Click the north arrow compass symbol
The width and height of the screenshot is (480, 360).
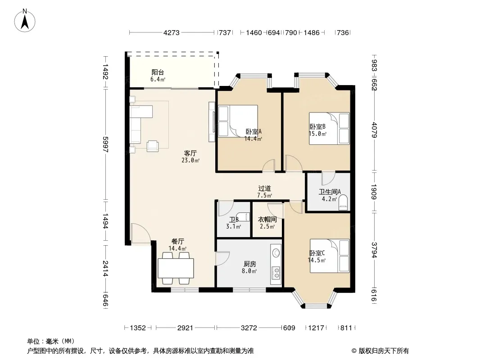[x=25, y=21]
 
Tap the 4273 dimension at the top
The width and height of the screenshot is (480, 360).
[x=172, y=32]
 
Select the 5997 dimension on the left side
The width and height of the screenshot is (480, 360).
[x=106, y=144]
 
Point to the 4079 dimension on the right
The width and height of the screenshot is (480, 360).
[x=374, y=130]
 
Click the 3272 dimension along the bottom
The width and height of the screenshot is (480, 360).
[x=249, y=328]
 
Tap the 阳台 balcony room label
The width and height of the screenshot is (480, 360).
[x=158, y=72]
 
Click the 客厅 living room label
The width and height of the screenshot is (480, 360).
[x=190, y=153]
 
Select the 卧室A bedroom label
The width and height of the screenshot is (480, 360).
[x=254, y=132]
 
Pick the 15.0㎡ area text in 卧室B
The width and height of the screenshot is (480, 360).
[x=317, y=134]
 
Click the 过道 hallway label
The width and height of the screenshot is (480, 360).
[x=264, y=189]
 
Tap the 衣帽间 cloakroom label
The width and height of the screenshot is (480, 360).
[x=267, y=219]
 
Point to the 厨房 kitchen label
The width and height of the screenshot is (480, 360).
[x=250, y=264]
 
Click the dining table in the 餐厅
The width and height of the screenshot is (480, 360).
[x=176, y=268]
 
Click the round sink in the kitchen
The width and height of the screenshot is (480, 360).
[x=276, y=252]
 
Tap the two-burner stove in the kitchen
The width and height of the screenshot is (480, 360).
[x=276, y=273]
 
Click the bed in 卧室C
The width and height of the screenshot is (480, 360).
[x=330, y=256]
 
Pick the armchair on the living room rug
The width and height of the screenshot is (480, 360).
[x=153, y=146]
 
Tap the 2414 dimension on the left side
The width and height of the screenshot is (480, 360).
[x=106, y=268]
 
